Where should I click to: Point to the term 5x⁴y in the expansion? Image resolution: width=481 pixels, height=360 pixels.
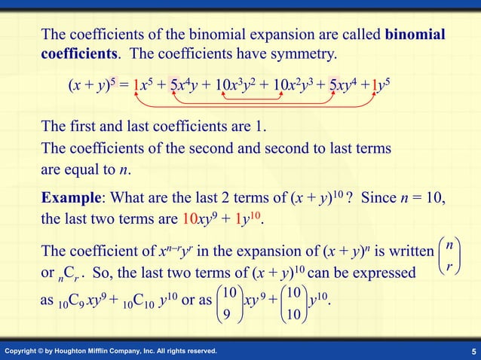pos(184,83)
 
